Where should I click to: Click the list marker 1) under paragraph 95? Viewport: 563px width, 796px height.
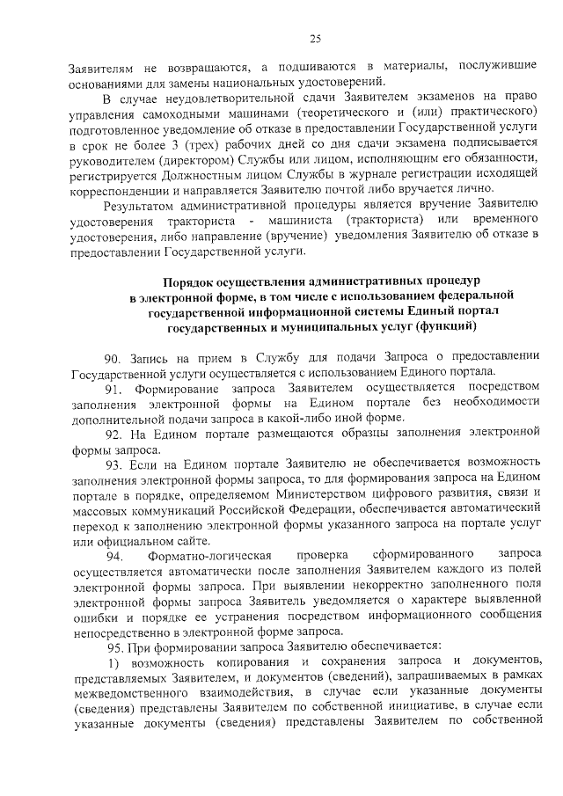point(112,661)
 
